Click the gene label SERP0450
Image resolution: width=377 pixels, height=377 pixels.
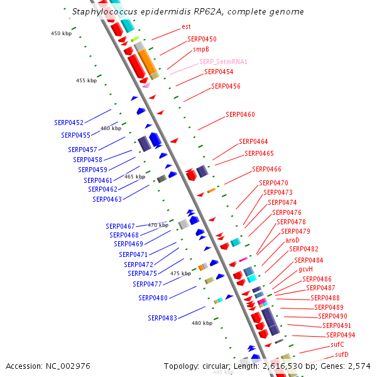[202, 39]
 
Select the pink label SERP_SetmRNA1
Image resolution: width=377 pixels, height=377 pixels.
[223, 62]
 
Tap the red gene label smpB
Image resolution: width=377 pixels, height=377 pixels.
[201, 49]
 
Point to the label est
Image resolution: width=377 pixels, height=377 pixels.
[186, 26]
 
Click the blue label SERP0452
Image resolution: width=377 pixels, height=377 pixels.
[68, 123]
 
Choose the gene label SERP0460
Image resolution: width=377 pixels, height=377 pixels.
[240, 114]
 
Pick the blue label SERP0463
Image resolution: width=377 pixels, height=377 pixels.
[107, 199]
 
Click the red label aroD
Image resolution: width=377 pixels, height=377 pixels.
[292, 240]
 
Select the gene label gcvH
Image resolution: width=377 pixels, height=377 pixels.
[306, 269]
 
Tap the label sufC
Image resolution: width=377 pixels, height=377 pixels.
[337, 344]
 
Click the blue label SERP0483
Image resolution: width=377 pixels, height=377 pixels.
[163, 318]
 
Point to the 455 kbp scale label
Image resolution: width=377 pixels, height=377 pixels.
[86, 80]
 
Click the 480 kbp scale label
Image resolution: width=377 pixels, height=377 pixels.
[202, 323]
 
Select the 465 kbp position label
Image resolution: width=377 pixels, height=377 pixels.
[134, 177]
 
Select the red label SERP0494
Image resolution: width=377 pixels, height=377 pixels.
[340, 335]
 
